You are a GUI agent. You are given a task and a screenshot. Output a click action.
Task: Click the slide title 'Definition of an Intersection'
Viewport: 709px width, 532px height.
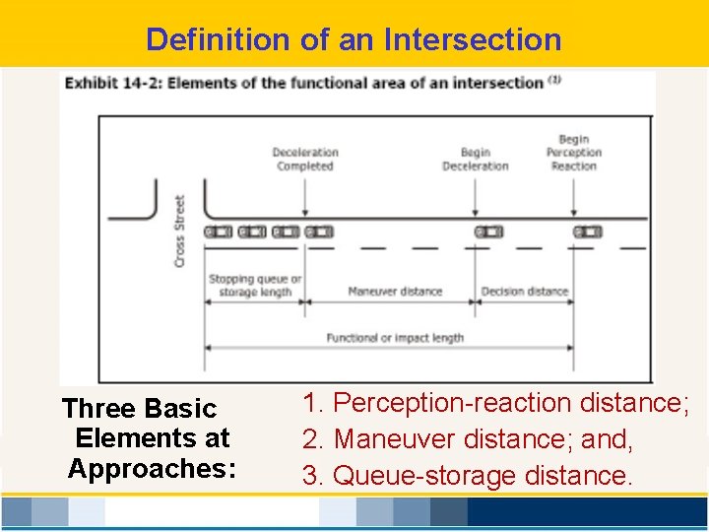pyautogui.click(x=354, y=39)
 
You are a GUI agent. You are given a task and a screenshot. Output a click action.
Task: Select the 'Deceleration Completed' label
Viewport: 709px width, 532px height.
pyautogui.click(x=305, y=159)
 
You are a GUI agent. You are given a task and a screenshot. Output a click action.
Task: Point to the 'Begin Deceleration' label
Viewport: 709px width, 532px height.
pyautogui.click(x=475, y=159)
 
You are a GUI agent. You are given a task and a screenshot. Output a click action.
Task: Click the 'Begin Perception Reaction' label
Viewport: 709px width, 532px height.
pyautogui.click(x=574, y=153)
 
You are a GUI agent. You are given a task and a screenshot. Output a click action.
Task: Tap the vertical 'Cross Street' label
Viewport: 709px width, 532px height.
pyautogui.click(x=180, y=230)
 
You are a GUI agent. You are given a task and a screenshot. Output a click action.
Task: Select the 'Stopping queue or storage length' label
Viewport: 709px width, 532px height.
pyautogui.click(x=255, y=285)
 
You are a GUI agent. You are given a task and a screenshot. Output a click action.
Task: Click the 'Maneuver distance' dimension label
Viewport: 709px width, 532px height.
pyautogui.click(x=395, y=292)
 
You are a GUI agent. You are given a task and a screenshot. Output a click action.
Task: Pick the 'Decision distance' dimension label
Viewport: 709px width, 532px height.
pyautogui.click(x=525, y=292)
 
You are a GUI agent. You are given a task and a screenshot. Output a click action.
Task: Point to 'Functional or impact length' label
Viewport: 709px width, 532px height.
pyautogui.click(x=395, y=338)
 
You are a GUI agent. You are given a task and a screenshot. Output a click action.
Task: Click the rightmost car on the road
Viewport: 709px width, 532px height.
pyautogui.click(x=588, y=232)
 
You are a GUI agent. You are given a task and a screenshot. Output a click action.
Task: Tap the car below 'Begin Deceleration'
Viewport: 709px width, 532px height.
pyautogui.click(x=488, y=232)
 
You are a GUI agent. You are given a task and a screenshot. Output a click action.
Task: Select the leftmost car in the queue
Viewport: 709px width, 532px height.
pyautogui.click(x=219, y=232)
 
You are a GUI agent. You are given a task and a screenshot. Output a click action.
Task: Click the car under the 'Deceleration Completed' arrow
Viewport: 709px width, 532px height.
pyautogui.click(x=319, y=232)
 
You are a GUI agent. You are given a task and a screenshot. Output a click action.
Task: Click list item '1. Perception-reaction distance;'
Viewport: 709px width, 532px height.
pyautogui.click(x=496, y=403)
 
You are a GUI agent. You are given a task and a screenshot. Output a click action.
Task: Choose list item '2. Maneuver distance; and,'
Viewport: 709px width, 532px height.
pyautogui.click(x=468, y=439)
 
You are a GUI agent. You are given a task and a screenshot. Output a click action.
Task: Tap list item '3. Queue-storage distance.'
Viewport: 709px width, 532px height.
pyautogui.click(x=468, y=476)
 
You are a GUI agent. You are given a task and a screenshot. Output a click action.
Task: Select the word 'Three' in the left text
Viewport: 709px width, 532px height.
pyautogui.click(x=97, y=408)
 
